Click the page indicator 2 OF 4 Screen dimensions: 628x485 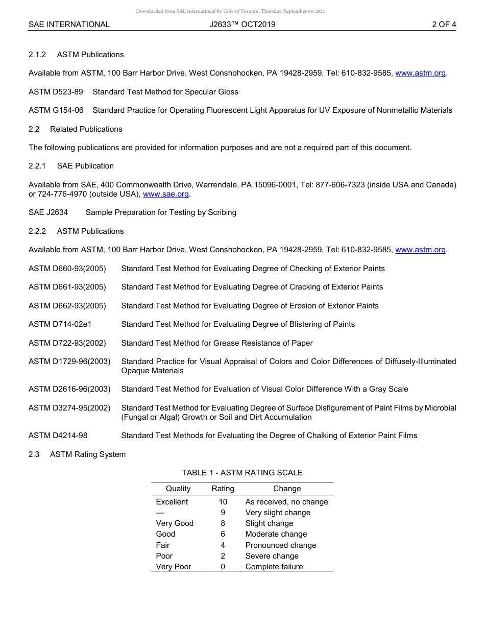coord(444,24)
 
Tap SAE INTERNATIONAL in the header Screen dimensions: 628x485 coord(69,24)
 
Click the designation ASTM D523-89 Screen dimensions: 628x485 coord(56,92)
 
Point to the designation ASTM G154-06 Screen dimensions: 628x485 coord(56,110)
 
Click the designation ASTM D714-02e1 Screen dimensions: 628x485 coord(60,324)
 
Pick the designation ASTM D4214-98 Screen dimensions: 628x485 coord(58,436)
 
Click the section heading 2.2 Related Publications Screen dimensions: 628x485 coord(76,129)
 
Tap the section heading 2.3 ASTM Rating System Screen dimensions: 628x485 coord(77,454)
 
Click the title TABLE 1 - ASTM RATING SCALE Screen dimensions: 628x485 coord(242,473)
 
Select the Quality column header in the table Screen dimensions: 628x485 coord(178,489)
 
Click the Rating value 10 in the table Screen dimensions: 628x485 coord(223,502)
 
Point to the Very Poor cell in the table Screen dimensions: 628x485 coord(174,567)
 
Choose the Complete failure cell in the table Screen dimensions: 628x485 coord(274,567)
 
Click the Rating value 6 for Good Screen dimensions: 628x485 coord(223,534)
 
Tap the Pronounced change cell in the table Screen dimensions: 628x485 coord(281,545)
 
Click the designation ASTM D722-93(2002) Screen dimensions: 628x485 coord(67,343)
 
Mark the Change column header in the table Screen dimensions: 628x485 coord(287,489)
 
